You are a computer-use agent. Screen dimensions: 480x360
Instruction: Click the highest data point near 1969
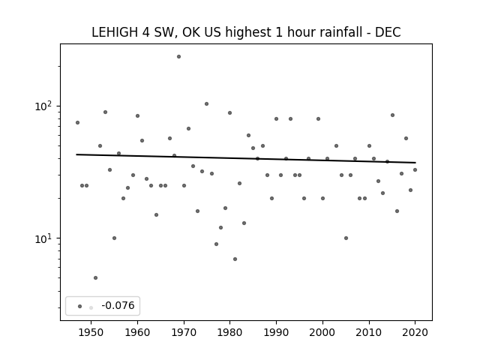[178, 57]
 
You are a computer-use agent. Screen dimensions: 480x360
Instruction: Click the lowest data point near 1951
[95, 278]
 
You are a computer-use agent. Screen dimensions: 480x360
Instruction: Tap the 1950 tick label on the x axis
[91, 332]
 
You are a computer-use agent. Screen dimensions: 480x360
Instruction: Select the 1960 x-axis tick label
[137, 332]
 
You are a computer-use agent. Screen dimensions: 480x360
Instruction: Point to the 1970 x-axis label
[184, 332]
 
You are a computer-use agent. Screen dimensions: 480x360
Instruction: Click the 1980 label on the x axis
[230, 332]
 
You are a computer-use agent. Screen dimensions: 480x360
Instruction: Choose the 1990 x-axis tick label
[277, 332]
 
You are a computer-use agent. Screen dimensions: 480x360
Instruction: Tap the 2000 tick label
[322, 332]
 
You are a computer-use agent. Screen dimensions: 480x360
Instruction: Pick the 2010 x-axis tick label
[369, 332]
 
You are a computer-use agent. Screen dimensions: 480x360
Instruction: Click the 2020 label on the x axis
[415, 332]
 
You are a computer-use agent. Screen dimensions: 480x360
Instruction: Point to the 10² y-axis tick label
[43, 106]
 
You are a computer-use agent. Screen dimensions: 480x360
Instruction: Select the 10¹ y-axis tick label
[43, 238]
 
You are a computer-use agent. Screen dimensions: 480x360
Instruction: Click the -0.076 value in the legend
[118, 305]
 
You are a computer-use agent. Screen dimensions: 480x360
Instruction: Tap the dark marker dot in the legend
[80, 306]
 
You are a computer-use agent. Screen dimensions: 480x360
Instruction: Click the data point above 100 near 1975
[207, 104]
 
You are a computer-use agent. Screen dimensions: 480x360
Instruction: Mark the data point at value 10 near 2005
[346, 238]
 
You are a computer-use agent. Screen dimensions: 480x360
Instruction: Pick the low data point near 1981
[235, 259]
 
